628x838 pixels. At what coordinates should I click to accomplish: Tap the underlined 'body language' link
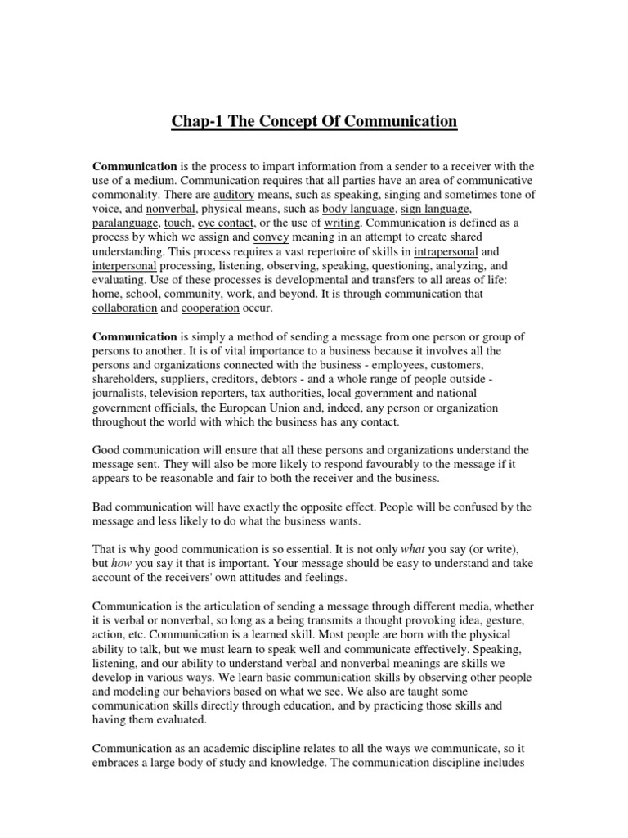point(358,209)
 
